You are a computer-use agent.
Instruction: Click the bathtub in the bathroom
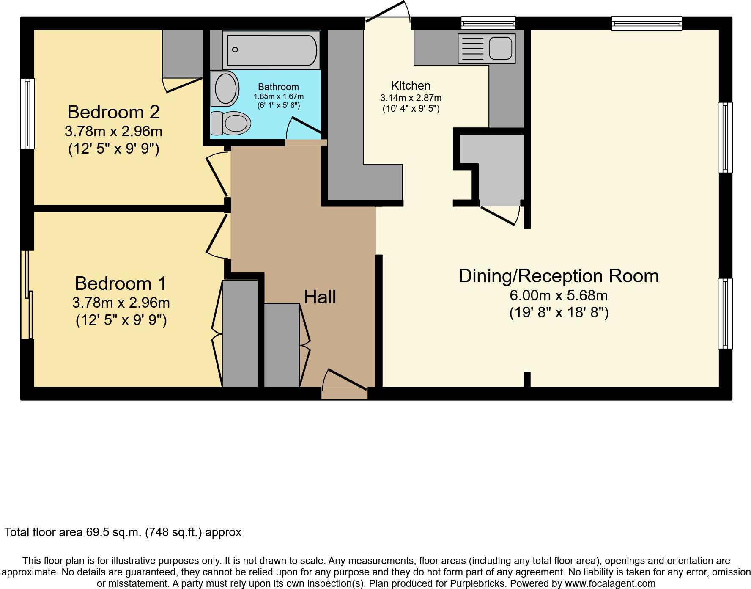[271, 50]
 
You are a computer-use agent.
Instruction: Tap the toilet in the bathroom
[230, 123]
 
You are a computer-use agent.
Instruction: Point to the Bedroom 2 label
[113, 112]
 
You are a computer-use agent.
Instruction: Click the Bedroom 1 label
[121, 283]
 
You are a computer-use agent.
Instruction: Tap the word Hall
[320, 297]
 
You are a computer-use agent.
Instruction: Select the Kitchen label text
[411, 86]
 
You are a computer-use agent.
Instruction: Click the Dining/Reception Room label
[559, 276]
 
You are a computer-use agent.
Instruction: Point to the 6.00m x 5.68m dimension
[559, 295]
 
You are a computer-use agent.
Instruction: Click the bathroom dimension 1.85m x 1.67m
[278, 96]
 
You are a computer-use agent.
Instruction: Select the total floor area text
[123, 532]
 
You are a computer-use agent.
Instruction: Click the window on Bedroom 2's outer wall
[27, 113]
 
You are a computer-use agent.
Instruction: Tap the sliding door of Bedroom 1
[27, 295]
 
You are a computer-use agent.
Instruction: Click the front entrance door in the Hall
[344, 381]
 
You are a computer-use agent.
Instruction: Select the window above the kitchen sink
[488, 23]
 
